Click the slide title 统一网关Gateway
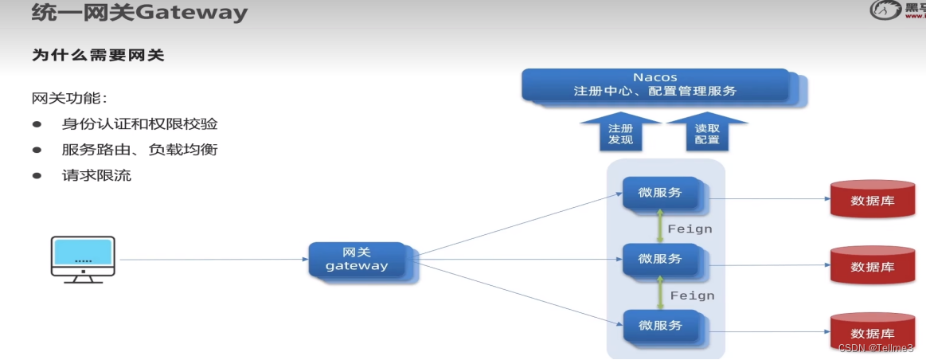139,14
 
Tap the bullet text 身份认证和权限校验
139,124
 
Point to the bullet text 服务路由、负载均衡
139,150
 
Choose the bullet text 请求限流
96,175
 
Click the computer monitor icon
83,258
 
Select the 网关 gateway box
358,259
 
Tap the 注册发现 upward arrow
620,132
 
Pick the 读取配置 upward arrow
706,132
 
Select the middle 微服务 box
661,260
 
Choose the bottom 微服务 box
661,325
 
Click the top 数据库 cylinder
872,199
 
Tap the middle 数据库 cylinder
872,265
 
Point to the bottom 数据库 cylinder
872,331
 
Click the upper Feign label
690,229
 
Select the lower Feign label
692,295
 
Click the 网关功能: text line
68,99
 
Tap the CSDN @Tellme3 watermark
875,348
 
